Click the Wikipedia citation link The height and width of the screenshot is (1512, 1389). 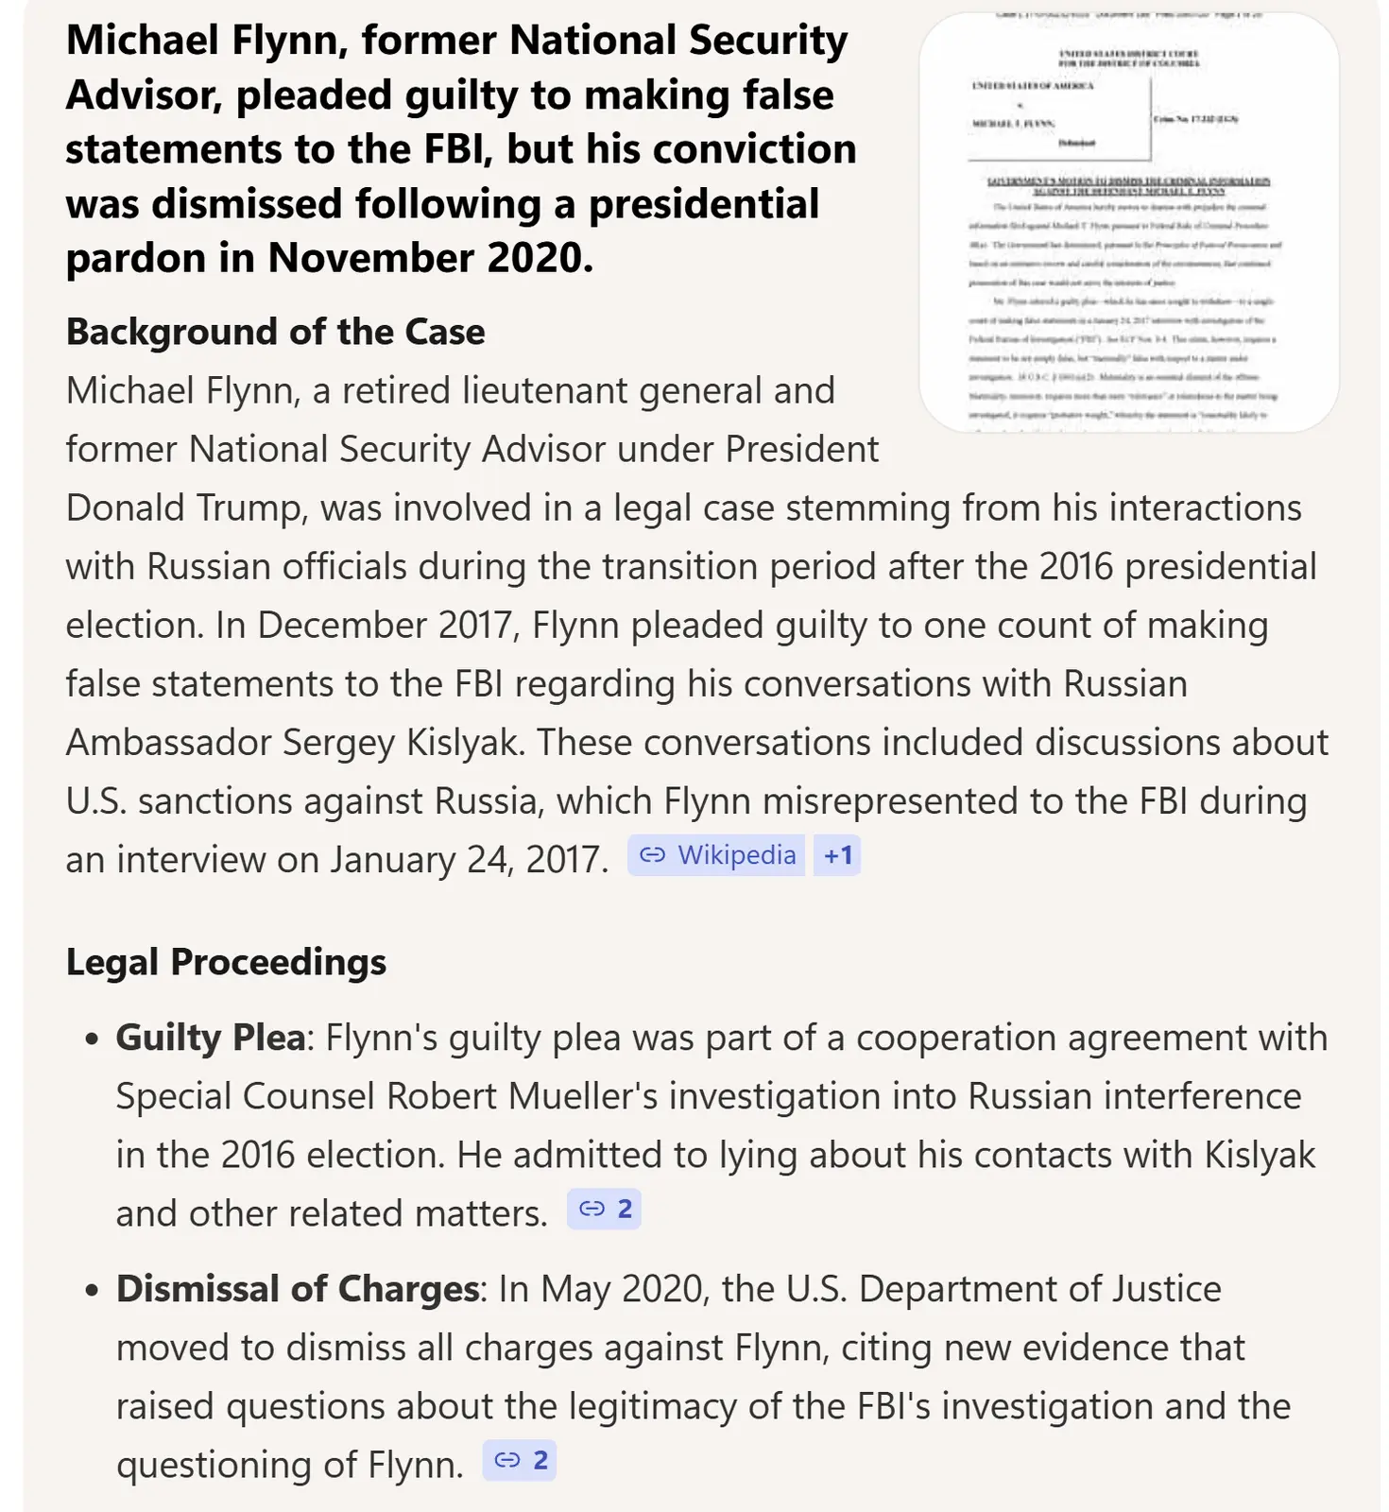coord(717,855)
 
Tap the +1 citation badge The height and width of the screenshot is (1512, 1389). coord(837,855)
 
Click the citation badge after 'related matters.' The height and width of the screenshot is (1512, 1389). coord(605,1209)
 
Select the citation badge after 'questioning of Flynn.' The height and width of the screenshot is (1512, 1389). coord(521,1460)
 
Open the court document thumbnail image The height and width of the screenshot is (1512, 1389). coord(1128,223)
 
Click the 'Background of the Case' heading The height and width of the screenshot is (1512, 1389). coord(275,332)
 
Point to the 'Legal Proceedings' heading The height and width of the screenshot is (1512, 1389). coord(226,962)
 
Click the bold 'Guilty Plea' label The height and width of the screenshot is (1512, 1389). coord(210,1038)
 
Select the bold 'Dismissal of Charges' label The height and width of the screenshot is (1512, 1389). coord(298,1289)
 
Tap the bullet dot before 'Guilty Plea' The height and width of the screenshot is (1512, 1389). coord(92,1039)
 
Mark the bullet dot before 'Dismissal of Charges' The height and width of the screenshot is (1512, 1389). coord(92,1291)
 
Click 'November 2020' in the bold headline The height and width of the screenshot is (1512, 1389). coord(430,258)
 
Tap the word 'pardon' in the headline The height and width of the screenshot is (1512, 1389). coord(136,258)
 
